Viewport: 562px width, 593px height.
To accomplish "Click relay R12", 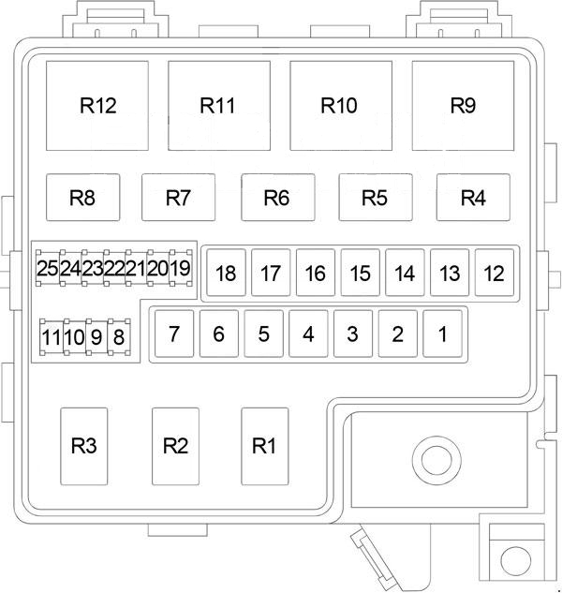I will (98, 105).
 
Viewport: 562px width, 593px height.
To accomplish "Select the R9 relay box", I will (463, 105).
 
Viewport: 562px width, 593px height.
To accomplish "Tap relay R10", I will (340, 105).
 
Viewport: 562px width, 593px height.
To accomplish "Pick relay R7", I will (178, 198).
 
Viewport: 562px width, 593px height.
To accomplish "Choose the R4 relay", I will (474, 198).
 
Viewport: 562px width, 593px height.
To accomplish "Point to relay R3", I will (84, 446).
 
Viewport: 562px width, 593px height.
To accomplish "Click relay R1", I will (264, 446).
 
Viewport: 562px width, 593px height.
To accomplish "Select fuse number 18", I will (226, 274).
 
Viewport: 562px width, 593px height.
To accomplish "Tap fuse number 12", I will (495, 274).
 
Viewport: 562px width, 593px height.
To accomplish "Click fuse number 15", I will (361, 274).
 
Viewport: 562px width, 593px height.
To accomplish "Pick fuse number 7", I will (173, 333).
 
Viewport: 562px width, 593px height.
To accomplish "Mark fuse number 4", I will (308, 333).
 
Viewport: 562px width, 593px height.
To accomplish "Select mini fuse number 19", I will (181, 269).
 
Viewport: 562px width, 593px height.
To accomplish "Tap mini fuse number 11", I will (51, 335).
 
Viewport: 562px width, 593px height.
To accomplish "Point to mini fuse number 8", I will (118, 335).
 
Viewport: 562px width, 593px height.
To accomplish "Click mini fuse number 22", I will (114, 269).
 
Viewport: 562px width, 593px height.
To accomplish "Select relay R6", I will (276, 198).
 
